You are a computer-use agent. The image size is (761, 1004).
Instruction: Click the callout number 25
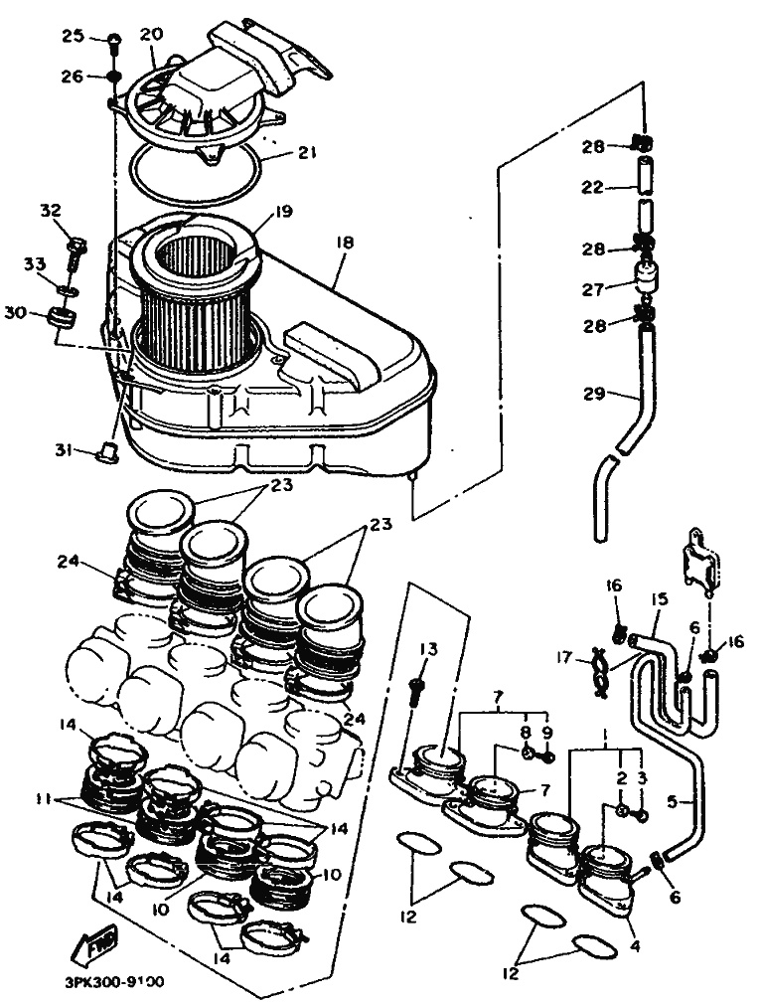(x=74, y=37)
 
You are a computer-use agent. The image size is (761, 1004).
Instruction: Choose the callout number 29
(x=593, y=395)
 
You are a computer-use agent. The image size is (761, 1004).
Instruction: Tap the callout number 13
(x=427, y=649)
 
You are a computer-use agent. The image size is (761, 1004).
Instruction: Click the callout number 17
(x=563, y=657)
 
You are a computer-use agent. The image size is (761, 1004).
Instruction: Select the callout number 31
(x=64, y=449)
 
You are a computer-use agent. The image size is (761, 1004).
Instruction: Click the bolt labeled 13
(x=417, y=686)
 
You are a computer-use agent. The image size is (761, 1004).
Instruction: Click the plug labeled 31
(x=104, y=454)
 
